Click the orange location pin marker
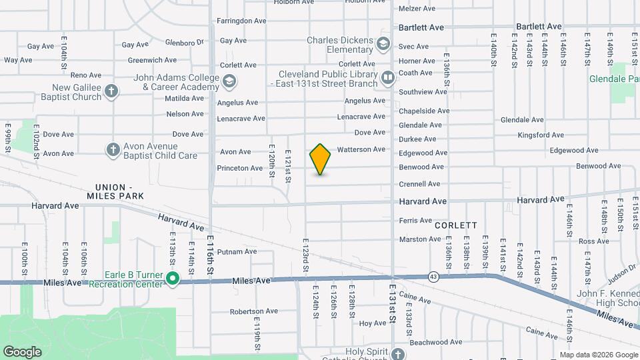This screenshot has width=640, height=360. point(320,159)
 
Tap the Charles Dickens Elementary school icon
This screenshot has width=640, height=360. point(383,45)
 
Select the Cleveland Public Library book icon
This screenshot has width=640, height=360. point(387,79)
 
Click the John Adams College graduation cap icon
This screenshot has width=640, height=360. point(229,81)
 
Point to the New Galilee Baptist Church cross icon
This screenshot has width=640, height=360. point(111,91)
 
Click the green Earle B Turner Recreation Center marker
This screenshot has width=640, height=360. point(173,279)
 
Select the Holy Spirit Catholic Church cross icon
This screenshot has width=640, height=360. point(398,354)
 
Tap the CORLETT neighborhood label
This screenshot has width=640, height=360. point(456,226)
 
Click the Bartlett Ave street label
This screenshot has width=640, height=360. point(421,28)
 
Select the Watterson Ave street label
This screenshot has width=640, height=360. point(361,149)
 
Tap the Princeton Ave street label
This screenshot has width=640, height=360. point(239,168)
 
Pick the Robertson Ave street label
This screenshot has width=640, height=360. point(253,311)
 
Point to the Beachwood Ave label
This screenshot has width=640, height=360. point(436,342)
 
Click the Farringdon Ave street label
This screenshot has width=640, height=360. point(241,21)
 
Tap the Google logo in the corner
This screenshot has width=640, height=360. point(22,351)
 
